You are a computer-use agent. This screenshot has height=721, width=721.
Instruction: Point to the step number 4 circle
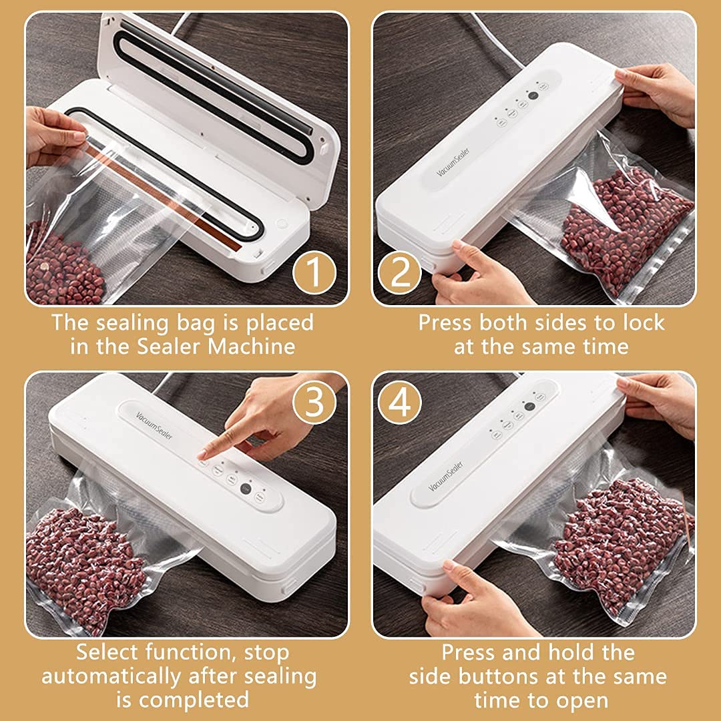(x=401, y=401)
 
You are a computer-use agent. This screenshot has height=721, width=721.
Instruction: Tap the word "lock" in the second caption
(x=641, y=322)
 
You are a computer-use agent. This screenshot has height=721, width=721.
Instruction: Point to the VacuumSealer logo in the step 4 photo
(x=440, y=476)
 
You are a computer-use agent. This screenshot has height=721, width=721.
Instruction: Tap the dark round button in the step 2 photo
(x=533, y=95)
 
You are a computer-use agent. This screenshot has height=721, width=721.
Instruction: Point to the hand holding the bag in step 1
(x=53, y=137)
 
